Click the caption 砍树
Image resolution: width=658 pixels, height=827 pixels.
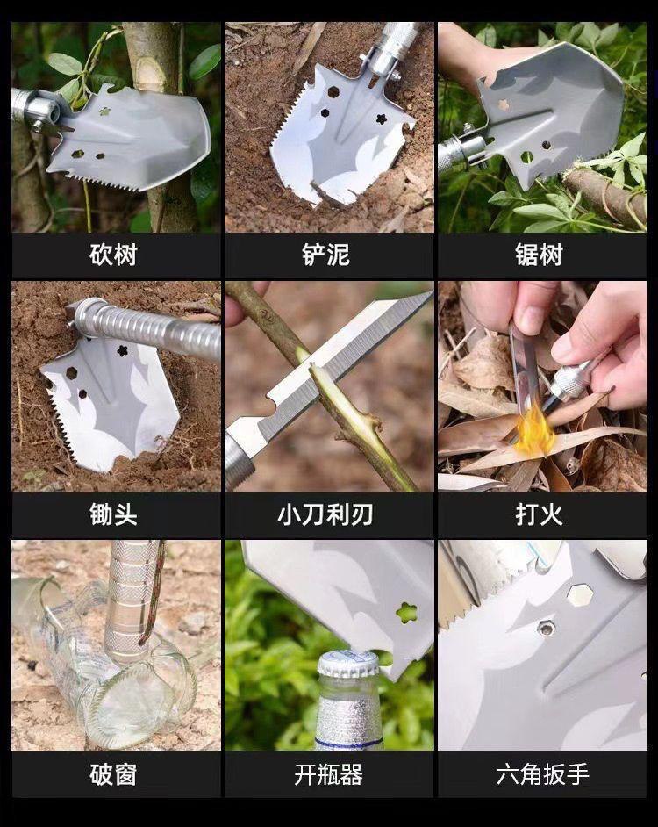(113, 255)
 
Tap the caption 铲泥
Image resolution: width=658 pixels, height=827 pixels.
(326, 255)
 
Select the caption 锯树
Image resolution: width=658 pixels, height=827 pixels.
(540, 255)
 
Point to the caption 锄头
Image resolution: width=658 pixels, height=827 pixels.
(113, 514)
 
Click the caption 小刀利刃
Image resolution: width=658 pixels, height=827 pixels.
(325, 514)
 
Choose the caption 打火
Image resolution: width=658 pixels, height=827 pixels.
(540, 514)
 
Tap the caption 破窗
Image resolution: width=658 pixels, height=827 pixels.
(113, 774)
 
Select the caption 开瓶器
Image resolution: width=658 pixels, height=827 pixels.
(328, 774)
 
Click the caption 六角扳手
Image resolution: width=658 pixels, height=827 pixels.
(542, 774)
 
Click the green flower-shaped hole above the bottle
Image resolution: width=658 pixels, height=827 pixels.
(406, 612)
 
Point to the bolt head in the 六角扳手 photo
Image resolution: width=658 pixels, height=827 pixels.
(546, 629)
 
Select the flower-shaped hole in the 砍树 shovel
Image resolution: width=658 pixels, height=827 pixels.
(105, 111)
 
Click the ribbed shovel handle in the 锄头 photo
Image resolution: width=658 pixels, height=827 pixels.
(147, 329)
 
